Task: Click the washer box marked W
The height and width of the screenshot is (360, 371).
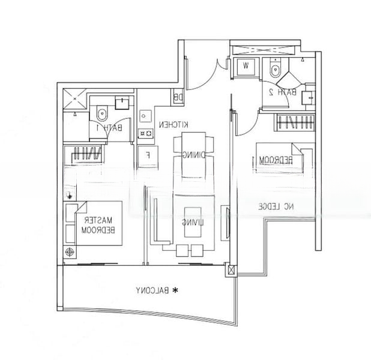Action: (x=247, y=66)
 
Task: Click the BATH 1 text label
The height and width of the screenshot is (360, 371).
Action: (x=113, y=128)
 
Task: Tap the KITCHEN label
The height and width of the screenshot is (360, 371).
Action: (x=174, y=124)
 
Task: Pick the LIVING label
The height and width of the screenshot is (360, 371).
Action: (x=192, y=223)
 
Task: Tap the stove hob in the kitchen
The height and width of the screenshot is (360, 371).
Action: (x=144, y=133)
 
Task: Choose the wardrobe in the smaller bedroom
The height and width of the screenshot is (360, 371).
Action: (x=294, y=123)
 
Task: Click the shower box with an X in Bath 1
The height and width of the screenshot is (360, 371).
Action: (x=75, y=99)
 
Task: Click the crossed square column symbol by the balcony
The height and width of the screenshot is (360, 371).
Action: (x=229, y=271)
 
